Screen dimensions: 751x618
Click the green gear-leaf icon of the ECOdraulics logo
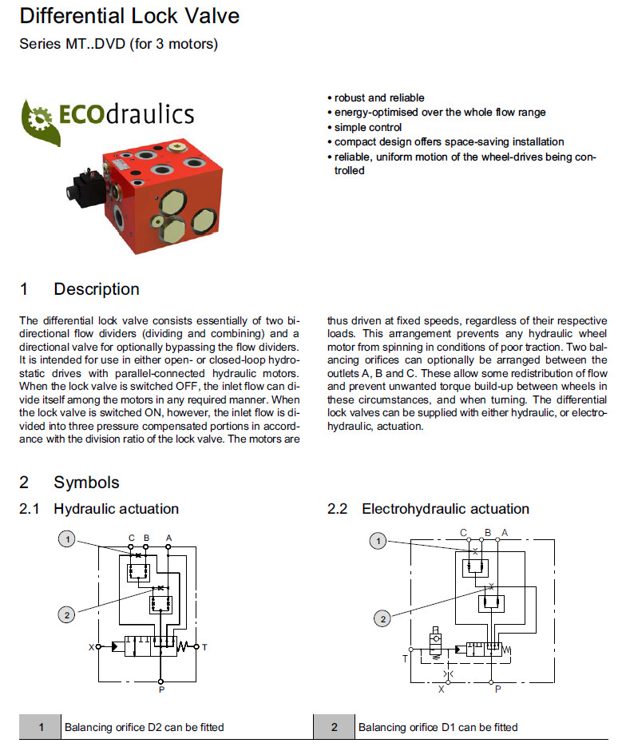pos(39,121)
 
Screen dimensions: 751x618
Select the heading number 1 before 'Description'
pos(24,289)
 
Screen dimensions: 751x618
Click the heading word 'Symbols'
pos(86,483)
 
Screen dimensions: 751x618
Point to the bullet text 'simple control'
pos(367,127)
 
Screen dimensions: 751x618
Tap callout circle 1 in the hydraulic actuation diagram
pos(69,540)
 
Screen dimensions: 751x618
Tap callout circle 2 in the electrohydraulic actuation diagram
pos(383,618)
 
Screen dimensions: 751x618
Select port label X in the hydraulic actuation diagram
pos(91,646)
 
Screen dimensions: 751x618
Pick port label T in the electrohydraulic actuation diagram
pos(404,659)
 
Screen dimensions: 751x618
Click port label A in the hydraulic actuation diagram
pos(168,537)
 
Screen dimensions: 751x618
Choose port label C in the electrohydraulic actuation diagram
pos(463,533)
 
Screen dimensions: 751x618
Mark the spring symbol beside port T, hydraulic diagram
pos(184,646)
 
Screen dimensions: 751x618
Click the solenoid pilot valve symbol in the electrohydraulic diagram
pos(436,642)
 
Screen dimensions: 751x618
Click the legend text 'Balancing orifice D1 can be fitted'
pos(438,727)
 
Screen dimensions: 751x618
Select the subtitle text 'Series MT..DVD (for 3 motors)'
pos(118,44)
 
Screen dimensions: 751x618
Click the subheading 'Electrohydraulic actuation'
pos(446,509)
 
